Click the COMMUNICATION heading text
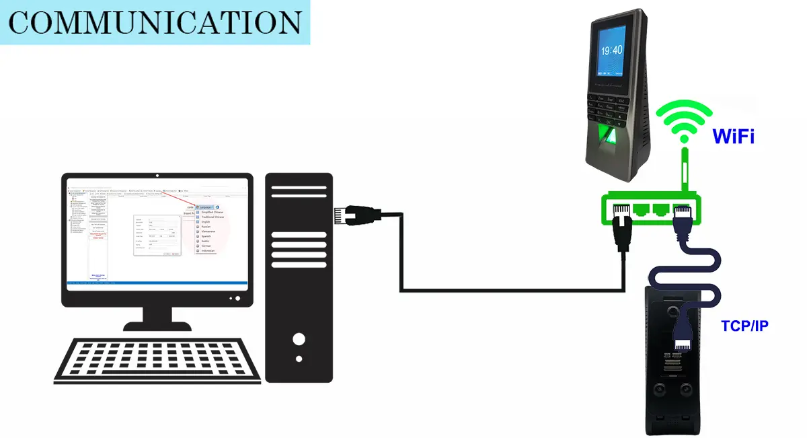coord(155,22)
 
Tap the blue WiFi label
coord(733,137)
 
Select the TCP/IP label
coord(744,326)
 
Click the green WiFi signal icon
coord(683,121)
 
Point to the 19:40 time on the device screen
coord(611,50)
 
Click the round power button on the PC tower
coord(299,338)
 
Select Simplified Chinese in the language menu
coord(211,212)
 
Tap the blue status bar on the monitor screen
coord(156,283)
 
